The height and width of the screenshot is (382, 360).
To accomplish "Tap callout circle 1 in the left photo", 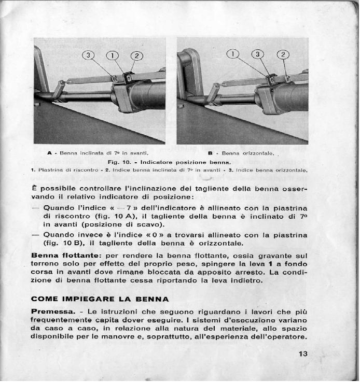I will [113, 55].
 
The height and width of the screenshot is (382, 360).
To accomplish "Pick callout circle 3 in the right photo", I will [258, 54].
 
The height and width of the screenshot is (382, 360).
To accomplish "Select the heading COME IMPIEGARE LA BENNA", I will [100, 299].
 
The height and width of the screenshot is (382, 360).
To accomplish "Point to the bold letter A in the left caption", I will [49, 153].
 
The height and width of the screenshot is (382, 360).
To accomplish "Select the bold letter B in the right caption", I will [211, 153].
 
